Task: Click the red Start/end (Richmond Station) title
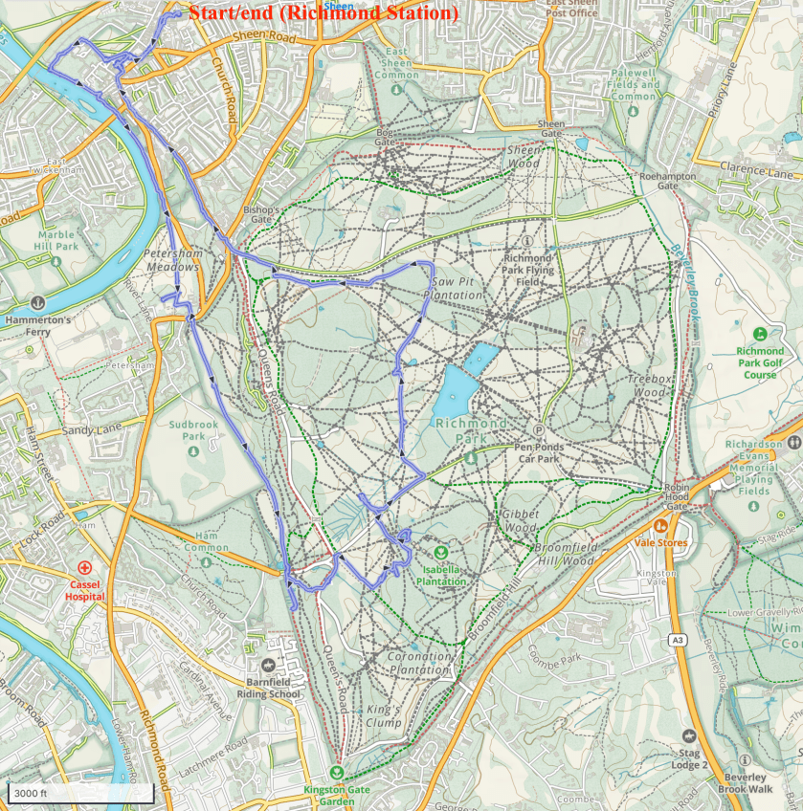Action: [323, 13]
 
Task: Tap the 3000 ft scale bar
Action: [80, 794]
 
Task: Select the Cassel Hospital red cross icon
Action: [85, 568]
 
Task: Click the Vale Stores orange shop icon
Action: [659, 525]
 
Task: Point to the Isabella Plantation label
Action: [441, 575]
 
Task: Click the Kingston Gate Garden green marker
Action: [336, 773]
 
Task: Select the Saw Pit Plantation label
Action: [457, 289]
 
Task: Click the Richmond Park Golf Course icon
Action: [760, 334]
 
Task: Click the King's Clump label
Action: [384, 716]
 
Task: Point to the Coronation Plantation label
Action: [418, 663]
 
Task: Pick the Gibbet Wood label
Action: [520, 520]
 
